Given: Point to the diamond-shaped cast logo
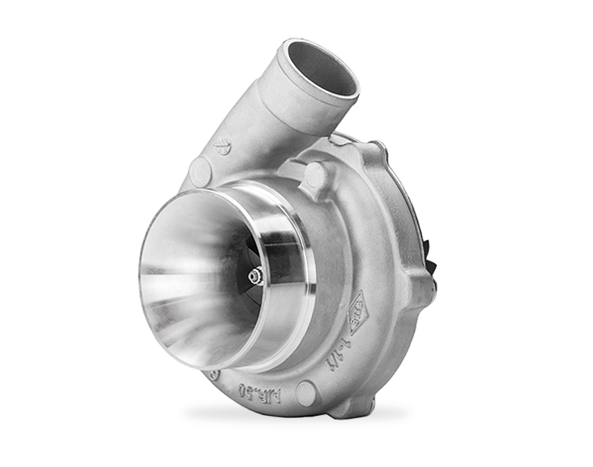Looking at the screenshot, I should (x=358, y=313).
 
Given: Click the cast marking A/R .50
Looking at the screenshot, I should (x=260, y=394).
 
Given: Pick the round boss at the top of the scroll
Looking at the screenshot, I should (x=316, y=173).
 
